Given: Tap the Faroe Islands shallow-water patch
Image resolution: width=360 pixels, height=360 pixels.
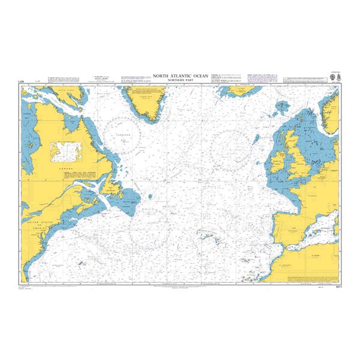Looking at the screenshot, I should point(280,110).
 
